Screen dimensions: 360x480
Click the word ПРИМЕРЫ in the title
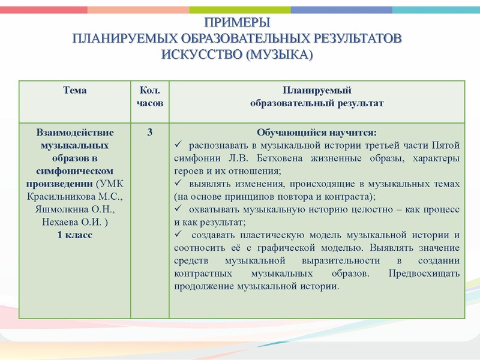(x=238, y=23)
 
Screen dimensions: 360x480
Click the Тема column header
(x=74, y=91)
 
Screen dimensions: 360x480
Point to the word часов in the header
(x=150, y=103)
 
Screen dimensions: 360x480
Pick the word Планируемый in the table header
(x=316, y=91)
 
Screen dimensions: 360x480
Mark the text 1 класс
(x=74, y=235)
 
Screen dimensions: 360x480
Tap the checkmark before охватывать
(x=178, y=209)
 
